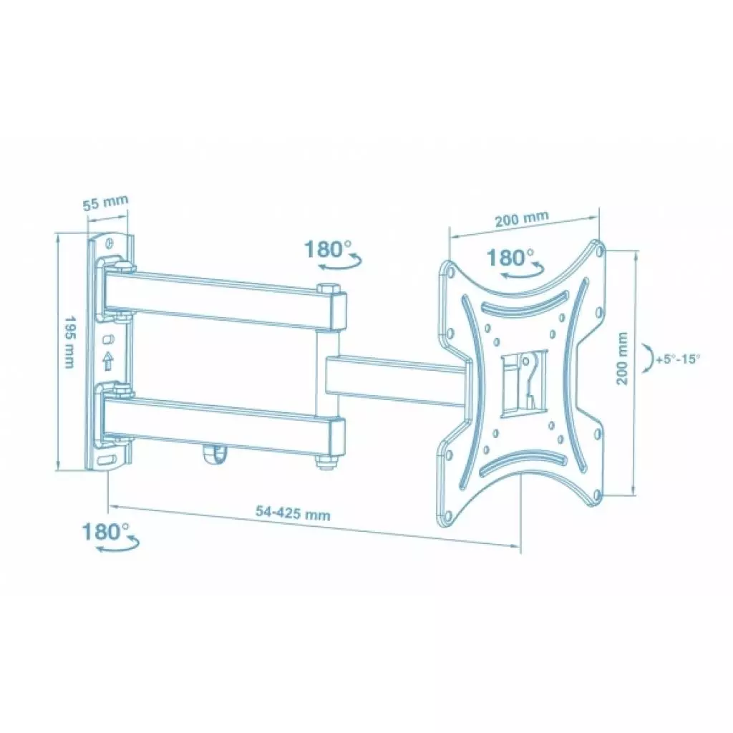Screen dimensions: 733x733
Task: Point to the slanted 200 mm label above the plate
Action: pos(521,218)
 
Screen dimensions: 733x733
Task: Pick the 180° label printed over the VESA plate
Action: pos(510,257)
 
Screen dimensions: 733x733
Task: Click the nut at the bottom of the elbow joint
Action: pos(326,463)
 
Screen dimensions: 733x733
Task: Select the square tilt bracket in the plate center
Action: pos(522,382)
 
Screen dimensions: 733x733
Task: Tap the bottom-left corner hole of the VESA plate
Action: pos(447,515)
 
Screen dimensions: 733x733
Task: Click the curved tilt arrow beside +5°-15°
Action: pos(649,358)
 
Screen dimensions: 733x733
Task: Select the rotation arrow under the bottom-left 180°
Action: pos(118,548)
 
